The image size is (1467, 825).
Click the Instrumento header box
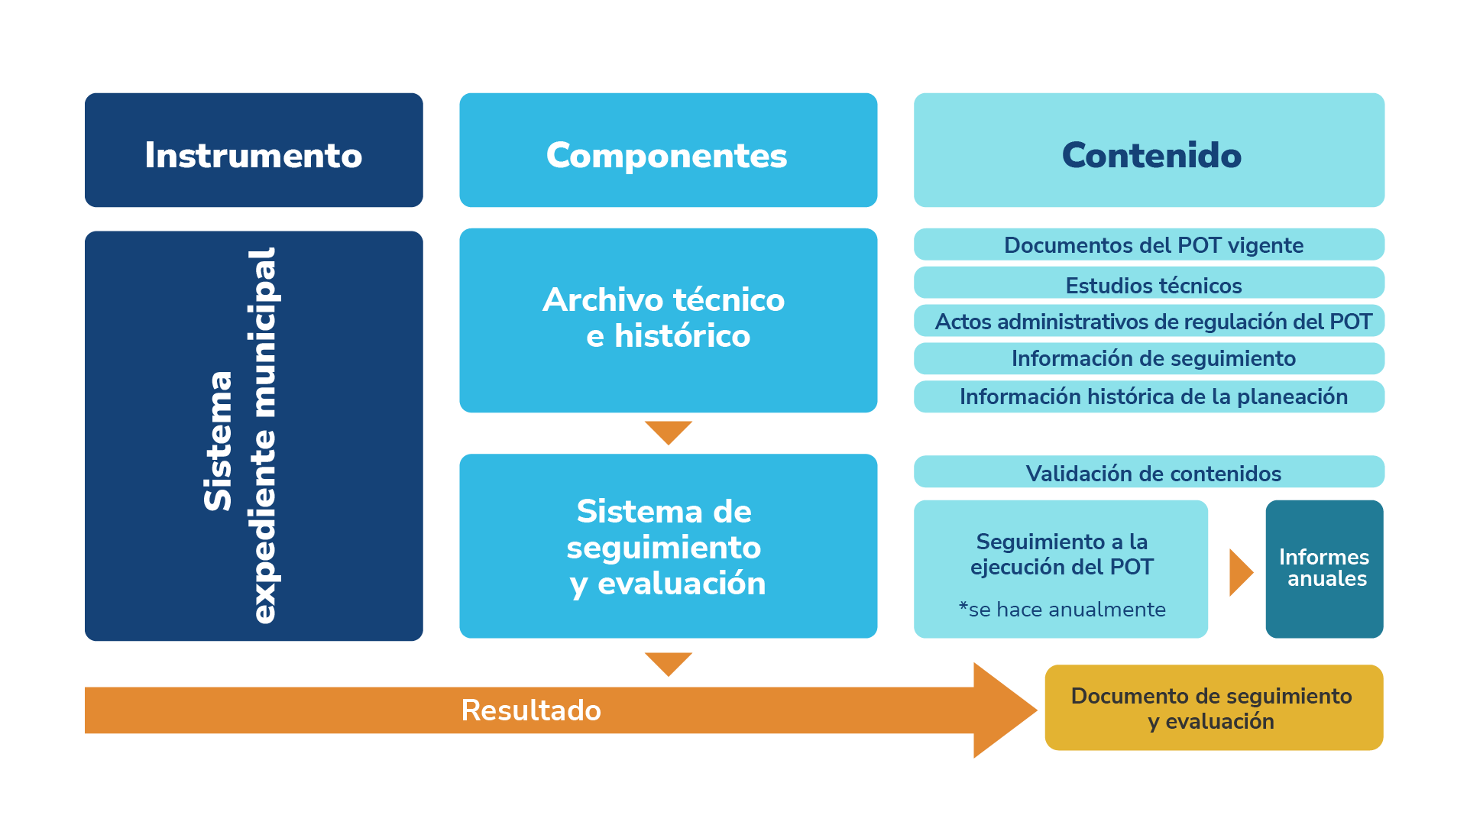pos(254,150)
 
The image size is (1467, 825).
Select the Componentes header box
pos(668,150)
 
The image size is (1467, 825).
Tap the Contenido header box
pos(1149,150)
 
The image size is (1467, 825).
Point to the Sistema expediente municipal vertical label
pos(240,436)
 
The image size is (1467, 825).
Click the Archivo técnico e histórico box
pos(668,320)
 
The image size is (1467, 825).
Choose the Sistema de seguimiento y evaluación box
pos(668,546)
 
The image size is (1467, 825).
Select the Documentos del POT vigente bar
pos(1149,244)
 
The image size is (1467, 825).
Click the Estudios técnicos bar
pos(1149,283)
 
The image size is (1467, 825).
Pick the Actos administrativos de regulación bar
pos(1149,321)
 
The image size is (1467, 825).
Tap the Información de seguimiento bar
pos(1149,358)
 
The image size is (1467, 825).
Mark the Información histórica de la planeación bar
pos(1149,396)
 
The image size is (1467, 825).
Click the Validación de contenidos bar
pos(1149,472)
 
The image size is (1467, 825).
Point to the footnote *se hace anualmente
pos(1062,610)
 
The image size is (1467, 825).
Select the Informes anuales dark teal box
pos(1324,568)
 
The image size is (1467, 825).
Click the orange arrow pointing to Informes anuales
pos(1239,571)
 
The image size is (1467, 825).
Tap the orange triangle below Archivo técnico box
pos(668,430)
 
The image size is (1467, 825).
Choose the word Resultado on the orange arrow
pos(531,710)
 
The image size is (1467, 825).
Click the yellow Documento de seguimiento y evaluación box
pos(1213,707)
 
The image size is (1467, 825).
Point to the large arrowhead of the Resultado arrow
pos(1002,710)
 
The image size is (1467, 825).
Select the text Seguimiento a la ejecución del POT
pos(1062,554)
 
